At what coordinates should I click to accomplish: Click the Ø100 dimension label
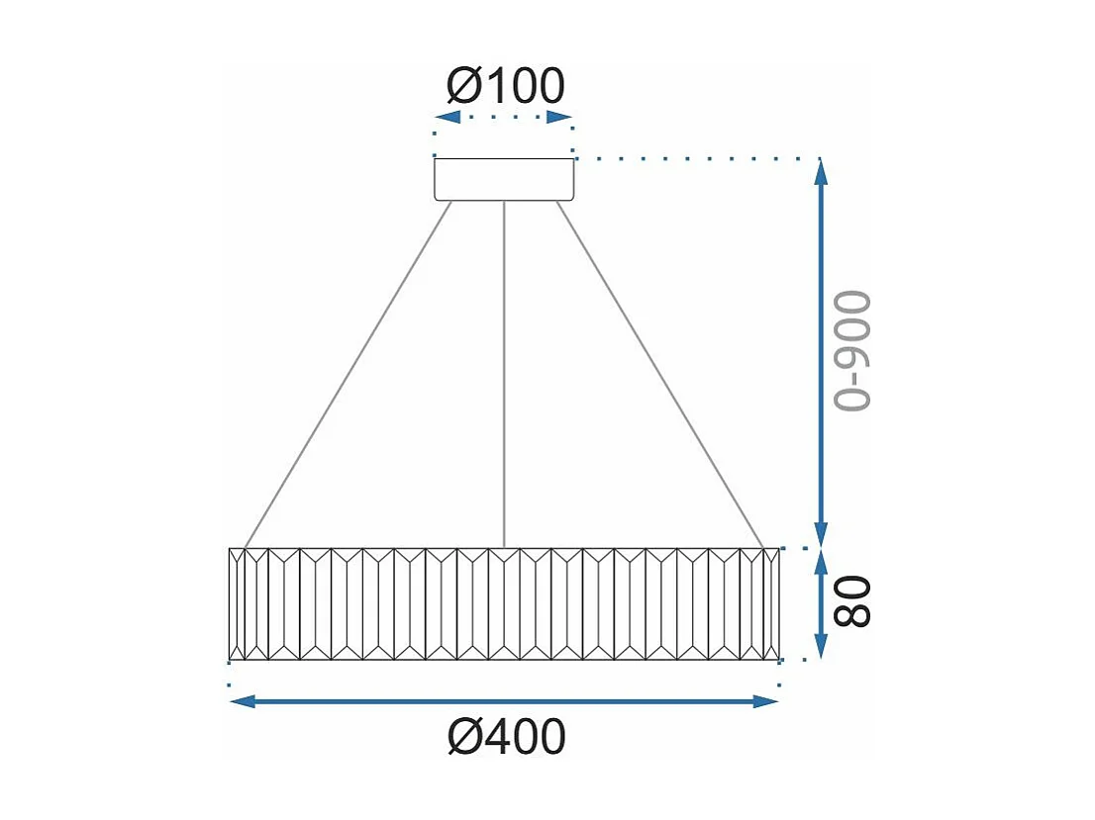[506, 86]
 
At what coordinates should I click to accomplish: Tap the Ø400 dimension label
[506, 737]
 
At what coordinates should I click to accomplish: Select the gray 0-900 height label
[850, 351]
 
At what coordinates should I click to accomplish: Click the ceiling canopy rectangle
[504, 179]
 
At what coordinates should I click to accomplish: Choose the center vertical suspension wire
[505, 376]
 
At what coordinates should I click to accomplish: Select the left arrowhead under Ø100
[447, 118]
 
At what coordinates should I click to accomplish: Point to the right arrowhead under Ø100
[561, 118]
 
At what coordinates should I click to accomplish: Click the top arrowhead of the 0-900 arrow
[821, 172]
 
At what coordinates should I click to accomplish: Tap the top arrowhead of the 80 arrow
[821, 563]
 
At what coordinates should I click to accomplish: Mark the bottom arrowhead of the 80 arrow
[821, 644]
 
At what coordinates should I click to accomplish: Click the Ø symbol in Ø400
[462, 737]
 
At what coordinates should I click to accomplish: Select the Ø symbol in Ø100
[463, 86]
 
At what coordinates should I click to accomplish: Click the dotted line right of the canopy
[693, 158]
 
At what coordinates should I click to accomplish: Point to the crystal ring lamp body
[504, 603]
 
